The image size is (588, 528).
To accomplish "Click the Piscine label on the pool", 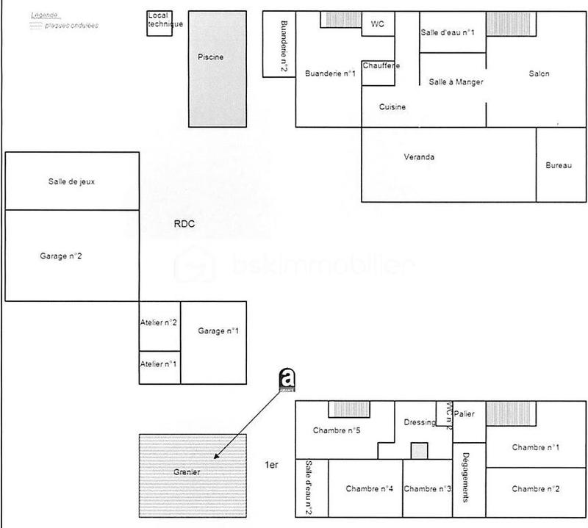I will point(210,57).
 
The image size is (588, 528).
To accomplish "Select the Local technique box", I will point(159,23).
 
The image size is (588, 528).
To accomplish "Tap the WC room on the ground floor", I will point(378,23).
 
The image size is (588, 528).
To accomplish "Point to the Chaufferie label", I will point(381,66).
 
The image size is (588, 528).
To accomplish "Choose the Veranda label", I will point(419,157).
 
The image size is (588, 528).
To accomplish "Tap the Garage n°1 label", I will point(218,331).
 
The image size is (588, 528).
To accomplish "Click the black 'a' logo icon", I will point(287,377).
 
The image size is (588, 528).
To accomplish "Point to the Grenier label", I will point(187,471).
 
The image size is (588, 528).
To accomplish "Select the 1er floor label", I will point(272,466).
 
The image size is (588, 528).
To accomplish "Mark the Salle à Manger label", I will point(456,82).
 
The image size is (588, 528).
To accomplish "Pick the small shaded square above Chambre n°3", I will point(418,450).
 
